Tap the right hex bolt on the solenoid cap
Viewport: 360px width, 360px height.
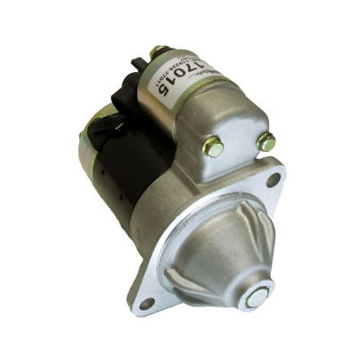pos(265,141)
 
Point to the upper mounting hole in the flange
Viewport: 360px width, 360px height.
pos(273,178)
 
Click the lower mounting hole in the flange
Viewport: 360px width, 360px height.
pos(146,301)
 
